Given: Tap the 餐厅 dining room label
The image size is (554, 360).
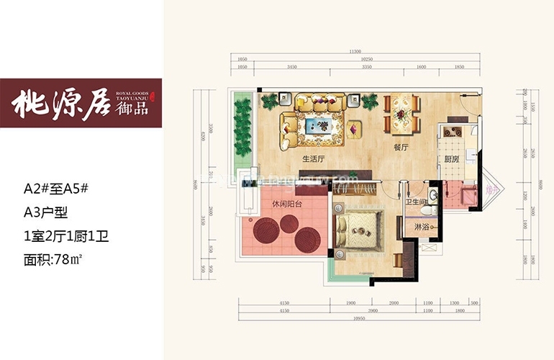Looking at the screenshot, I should click(401, 147).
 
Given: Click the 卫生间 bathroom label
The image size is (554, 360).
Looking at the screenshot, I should click(419, 202).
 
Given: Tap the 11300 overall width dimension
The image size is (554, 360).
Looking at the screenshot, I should click(354, 52).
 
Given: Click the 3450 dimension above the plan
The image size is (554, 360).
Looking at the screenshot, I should click(292, 66).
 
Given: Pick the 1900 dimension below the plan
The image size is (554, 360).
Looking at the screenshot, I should click(352, 304).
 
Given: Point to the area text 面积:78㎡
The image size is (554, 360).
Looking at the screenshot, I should click(56, 258).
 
